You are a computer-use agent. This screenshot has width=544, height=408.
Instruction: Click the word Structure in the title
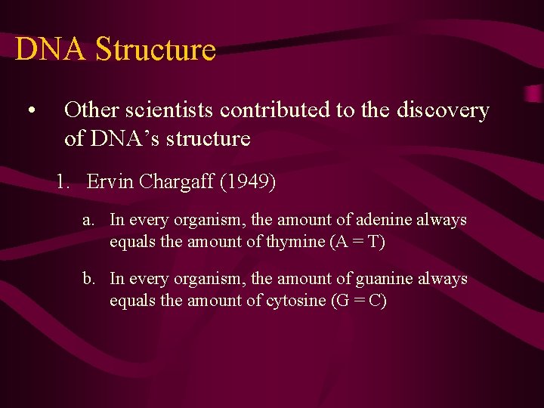[156, 49]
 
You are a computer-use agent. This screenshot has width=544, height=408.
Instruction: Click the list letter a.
[89, 221]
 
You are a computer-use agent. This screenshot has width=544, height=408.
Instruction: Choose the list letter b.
[89, 280]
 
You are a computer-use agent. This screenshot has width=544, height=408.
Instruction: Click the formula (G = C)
[359, 301]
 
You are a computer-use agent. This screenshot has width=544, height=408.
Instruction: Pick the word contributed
[280, 110]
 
